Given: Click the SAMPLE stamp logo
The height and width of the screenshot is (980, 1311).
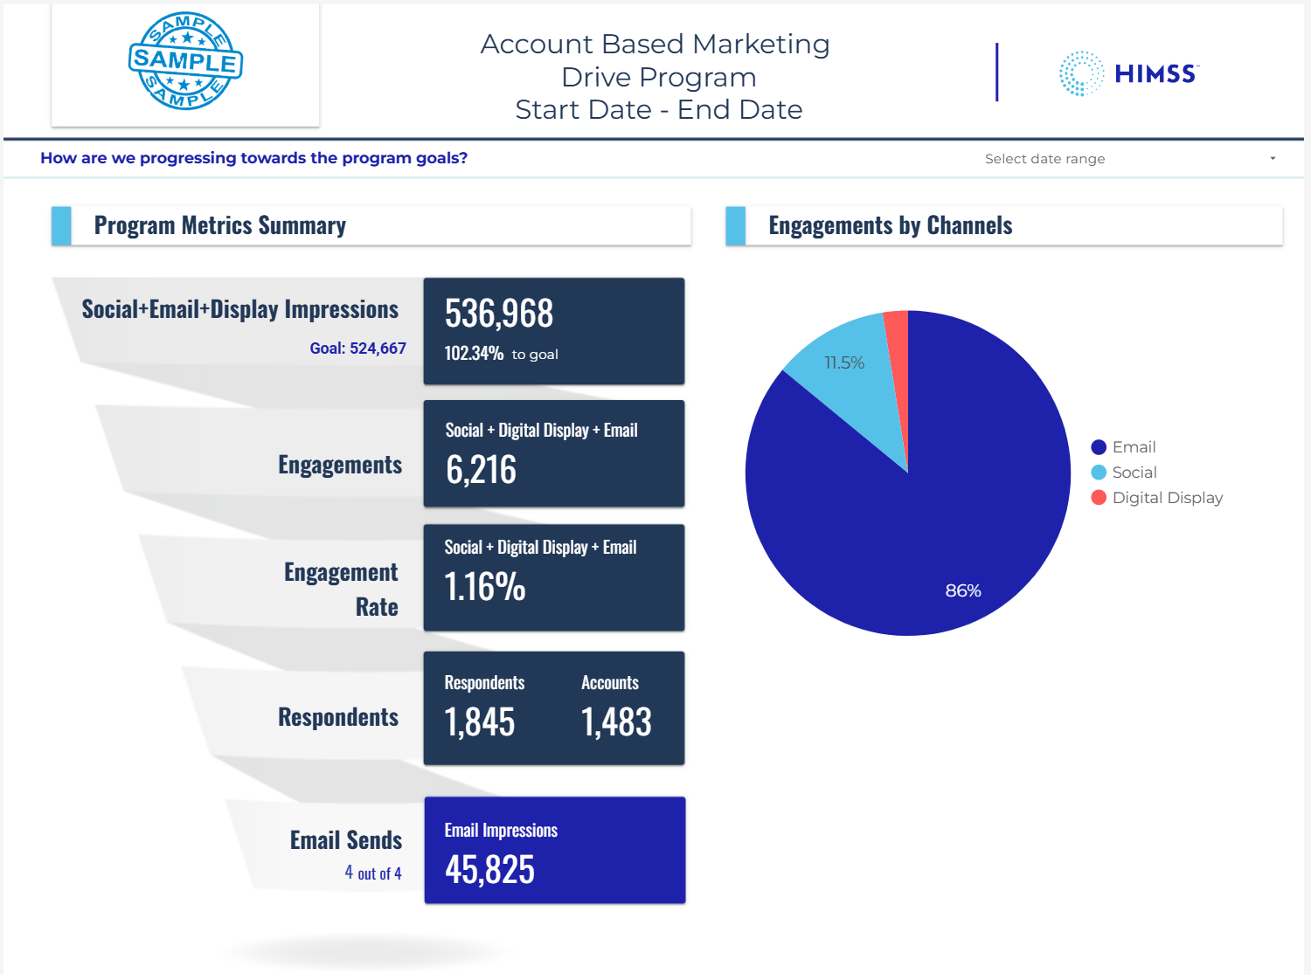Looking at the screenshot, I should click(185, 61).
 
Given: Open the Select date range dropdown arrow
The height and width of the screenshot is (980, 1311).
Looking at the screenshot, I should click(1273, 158).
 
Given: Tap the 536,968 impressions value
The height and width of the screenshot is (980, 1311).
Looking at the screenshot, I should click(499, 314).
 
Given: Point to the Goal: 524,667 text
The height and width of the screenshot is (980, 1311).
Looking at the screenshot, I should click(357, 349).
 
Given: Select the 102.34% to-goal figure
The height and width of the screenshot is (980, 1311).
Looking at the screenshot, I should click(474, 354).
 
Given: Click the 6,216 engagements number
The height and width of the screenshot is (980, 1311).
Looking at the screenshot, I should click(481, 470).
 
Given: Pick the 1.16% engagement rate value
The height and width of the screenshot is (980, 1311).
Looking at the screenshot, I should click(484, 587).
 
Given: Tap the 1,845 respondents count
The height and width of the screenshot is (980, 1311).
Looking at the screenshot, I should click(479, 722).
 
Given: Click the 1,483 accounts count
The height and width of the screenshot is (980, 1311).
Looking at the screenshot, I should click(616, 722).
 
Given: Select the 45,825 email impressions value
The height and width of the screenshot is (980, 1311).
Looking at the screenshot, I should click(489, 870).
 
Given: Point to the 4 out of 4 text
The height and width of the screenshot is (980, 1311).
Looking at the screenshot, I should click(373, 873).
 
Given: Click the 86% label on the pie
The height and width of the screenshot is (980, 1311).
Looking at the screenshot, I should click(963, 591).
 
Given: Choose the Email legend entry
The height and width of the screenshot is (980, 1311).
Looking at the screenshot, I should click(1134, 447).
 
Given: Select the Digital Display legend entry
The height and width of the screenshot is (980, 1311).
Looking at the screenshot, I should click(1167, 498).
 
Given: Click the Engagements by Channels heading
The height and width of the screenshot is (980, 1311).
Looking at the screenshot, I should click(890, 225).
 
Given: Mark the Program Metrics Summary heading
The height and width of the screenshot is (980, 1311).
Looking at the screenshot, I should click(219, 225).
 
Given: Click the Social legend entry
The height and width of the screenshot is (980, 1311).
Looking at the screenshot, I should click(1134, 473).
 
